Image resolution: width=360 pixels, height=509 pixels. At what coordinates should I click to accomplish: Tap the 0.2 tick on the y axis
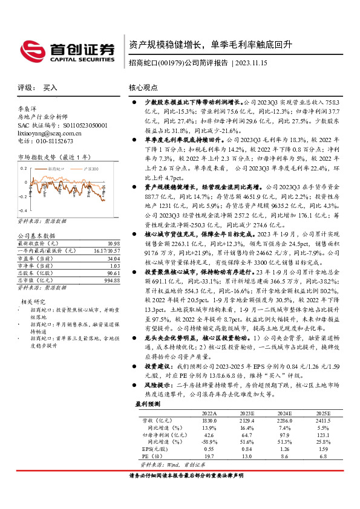(24, 175)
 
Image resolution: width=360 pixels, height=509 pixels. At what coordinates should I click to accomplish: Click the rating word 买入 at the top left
(49, 88)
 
